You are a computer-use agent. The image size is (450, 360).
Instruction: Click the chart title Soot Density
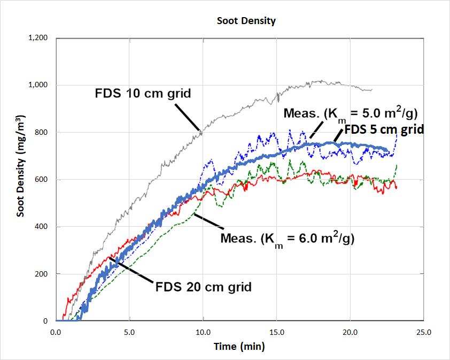pyautogui.click(x=246, y=21)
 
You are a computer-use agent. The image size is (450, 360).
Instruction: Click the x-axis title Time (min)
pyautogui.click(x=239, y=346)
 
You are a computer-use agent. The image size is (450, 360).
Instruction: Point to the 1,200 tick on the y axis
pyautogui.click(x=37, y=38)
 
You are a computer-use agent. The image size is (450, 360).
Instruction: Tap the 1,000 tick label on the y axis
pyautogui.click(x=37, y=85)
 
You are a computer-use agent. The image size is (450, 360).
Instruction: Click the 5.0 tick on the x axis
pyautogui.click(x=129, y=332)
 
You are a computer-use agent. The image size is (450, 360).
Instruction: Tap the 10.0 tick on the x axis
pyautogui.click(x=203, y=332)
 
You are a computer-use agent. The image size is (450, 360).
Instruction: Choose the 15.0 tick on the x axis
pyautogui.click(x=276, y=332)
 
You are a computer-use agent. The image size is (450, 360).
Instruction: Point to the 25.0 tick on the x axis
pyautogui.click(x=423, y=332)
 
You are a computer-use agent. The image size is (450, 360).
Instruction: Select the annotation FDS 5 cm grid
pyautogui.click(x=384, y=129)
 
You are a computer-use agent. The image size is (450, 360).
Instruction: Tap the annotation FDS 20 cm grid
pyautogui.click(x=203, y=287)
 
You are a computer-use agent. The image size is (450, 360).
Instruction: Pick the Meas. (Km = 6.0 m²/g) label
pyautogui.click(x=287, y=238)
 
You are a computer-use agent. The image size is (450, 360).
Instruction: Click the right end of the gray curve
pyautogui.click(x=371, y=90)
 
